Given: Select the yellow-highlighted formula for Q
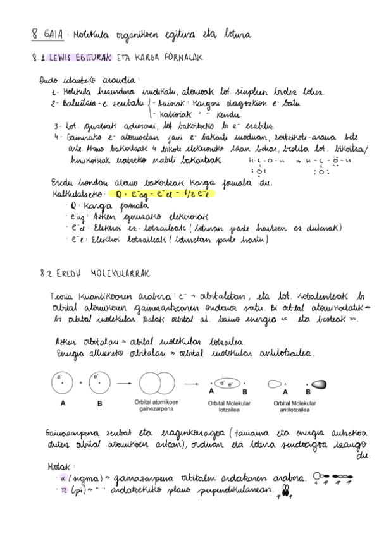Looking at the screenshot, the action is pyautogui.click(x=160, y=194).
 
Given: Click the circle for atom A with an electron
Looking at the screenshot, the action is pyautogui.click(x=62, y=382).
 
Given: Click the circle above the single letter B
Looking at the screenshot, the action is pyautogui.click(x=98, y=382).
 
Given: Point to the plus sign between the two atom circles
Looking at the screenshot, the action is pyautogui.click(x=80, y=382).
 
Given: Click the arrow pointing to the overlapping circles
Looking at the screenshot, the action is pyautogui.click(x=122, y=382).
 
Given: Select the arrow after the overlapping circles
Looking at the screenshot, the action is pyautogui.click(x=190, y=382).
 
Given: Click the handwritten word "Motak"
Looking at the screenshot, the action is pyautogui.click(x=58, y=466).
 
